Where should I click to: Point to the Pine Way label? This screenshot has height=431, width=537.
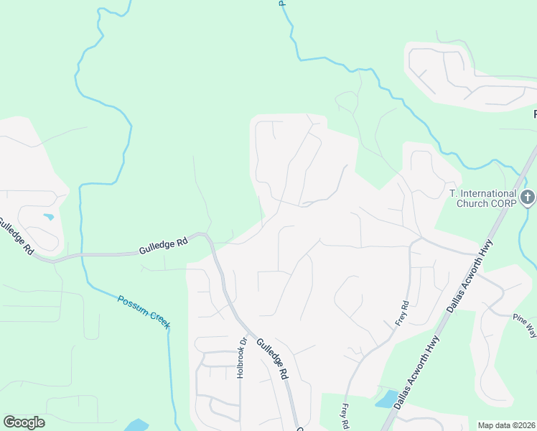pyautogui.click(x=525, y=324)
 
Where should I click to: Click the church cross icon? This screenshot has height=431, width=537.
pyautogui.click(x=528, y=198)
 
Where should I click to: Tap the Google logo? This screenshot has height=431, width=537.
pyautogui.click(x=24, y=422)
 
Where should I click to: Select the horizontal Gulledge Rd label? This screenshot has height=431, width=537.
pyautogui.click(x=163, y=245)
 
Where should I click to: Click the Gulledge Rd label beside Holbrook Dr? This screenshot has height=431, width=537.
pyautogui.click(x=273, y=358)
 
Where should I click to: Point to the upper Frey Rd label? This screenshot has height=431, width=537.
pyautogui.click(x=401, y=314)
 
